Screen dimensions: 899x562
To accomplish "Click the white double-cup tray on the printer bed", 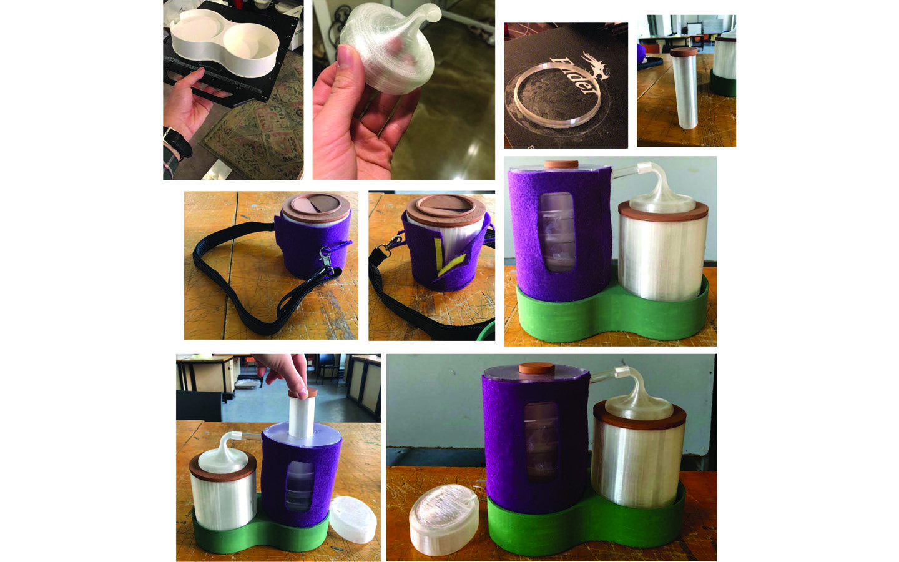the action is (225, 44).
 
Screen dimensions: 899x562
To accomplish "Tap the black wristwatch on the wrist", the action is (177, 143).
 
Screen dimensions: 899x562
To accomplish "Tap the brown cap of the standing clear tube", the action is (684, 52).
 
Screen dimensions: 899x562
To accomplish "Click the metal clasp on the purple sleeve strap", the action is (325, 257).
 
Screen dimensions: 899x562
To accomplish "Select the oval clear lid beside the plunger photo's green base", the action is (353, 520).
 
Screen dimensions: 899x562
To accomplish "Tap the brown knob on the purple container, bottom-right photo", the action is (537, 368).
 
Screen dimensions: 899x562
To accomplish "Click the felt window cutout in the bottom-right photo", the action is (541, 441).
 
